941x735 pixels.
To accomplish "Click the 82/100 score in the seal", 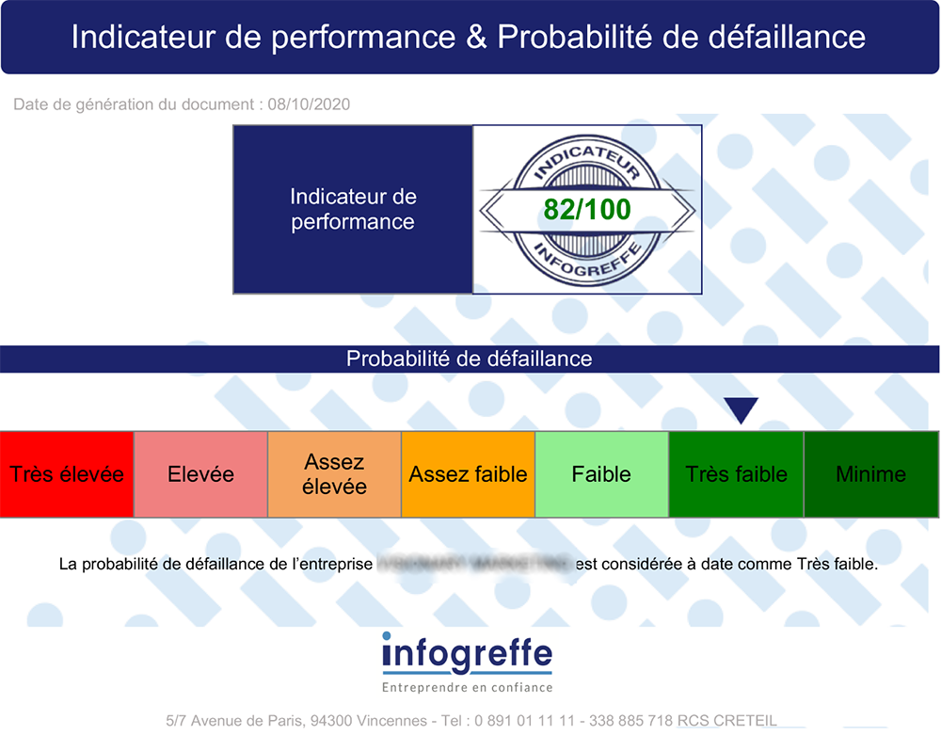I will [586, 209].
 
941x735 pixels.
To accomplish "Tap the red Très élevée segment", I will [67, 474].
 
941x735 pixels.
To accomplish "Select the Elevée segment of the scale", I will [200, 474].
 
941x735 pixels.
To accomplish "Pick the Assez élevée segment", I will [334, 474].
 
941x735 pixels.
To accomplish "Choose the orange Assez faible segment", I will [468, 474].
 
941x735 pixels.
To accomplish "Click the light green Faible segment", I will [601, 474].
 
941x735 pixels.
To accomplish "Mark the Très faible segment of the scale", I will [736, 474].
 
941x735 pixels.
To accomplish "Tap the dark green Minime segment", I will [870, 474].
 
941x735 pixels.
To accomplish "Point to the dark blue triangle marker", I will [741, 410].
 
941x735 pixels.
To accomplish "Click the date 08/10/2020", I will [309, 104].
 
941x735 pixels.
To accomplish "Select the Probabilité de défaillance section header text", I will [469, 359].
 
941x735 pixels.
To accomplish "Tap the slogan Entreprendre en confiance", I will [468, 688].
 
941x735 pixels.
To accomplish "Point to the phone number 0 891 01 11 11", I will [525, 721].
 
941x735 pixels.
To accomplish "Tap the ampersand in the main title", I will [476, 37].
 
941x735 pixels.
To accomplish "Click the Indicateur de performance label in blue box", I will [353, 209].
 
